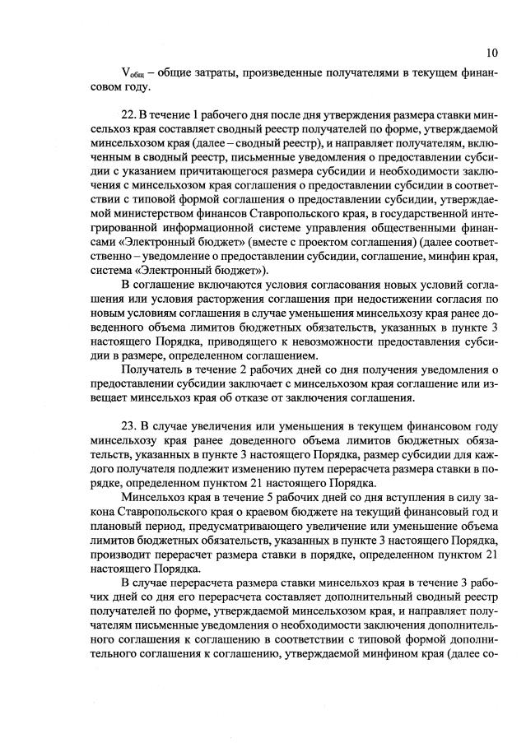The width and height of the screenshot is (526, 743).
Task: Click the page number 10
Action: [x=491, y=53]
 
